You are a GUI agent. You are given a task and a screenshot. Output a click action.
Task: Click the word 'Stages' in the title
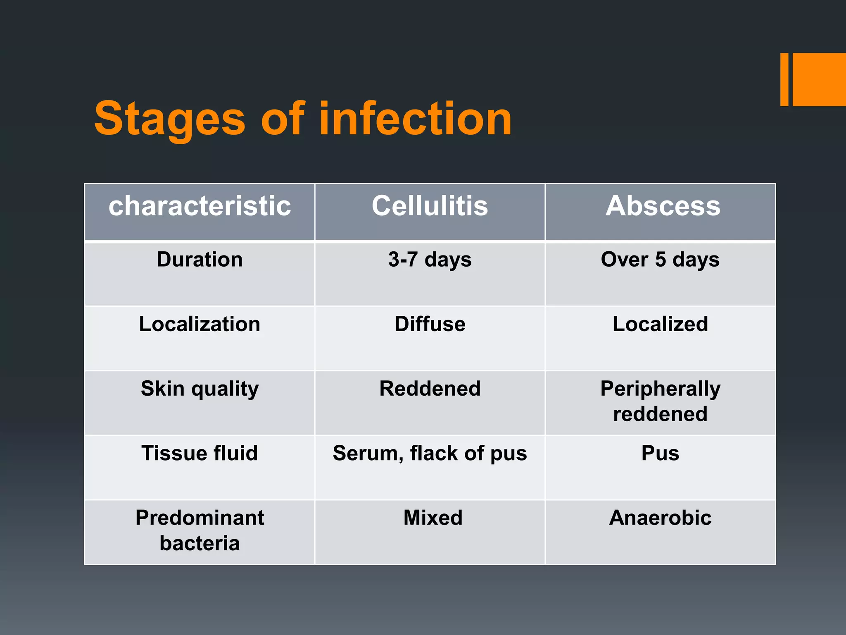[169, 120]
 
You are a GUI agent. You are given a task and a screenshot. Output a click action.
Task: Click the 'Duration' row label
[200, 260]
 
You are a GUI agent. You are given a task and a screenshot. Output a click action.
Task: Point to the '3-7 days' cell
[430, 260]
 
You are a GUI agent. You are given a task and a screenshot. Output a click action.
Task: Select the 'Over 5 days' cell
[660, 260]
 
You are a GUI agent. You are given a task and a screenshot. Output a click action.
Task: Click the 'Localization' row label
[200, 324]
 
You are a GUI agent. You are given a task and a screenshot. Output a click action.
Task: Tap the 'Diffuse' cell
[430, 324]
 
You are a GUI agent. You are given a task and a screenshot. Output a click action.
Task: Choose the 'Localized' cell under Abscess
[660, 324]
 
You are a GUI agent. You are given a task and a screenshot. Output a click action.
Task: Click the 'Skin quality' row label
[200, 389]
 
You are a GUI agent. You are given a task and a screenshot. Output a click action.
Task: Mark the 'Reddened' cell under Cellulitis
[430, 389]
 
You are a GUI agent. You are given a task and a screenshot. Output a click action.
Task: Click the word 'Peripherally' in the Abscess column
[660, 389]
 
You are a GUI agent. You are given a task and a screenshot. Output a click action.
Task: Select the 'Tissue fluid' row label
[200, 453]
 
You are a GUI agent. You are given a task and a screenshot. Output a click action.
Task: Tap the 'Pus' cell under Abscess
[660, 453]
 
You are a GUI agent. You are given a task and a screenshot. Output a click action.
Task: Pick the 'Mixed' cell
[433, 518]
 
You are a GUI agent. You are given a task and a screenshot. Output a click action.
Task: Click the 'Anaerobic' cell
[660, 518]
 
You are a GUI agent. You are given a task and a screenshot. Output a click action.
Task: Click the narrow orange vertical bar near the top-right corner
[784, 79]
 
